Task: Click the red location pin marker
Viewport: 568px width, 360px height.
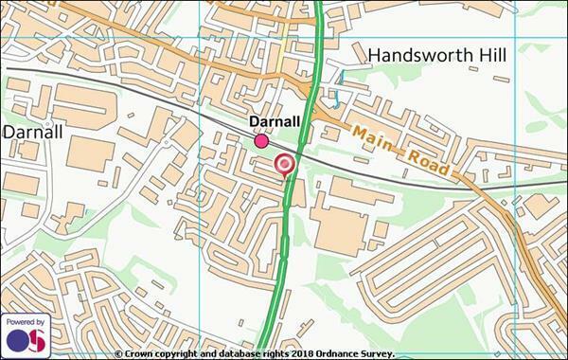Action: (x=284, y=167)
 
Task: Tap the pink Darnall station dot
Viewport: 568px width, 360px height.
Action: (x=261, y=141)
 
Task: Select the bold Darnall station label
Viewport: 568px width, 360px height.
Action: (x=275, y=122)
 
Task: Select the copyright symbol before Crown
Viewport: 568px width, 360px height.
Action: (x=119, y=353)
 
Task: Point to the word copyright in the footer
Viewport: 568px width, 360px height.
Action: (x=182, y=353)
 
